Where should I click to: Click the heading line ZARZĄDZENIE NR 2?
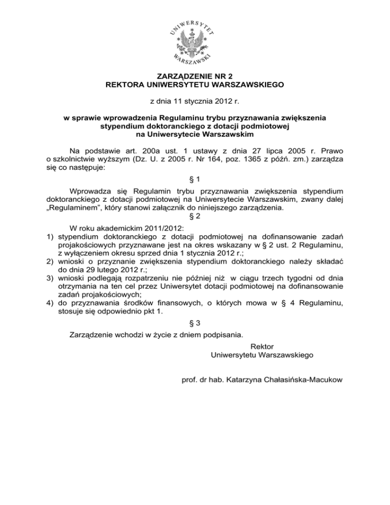tap(195, 76)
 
